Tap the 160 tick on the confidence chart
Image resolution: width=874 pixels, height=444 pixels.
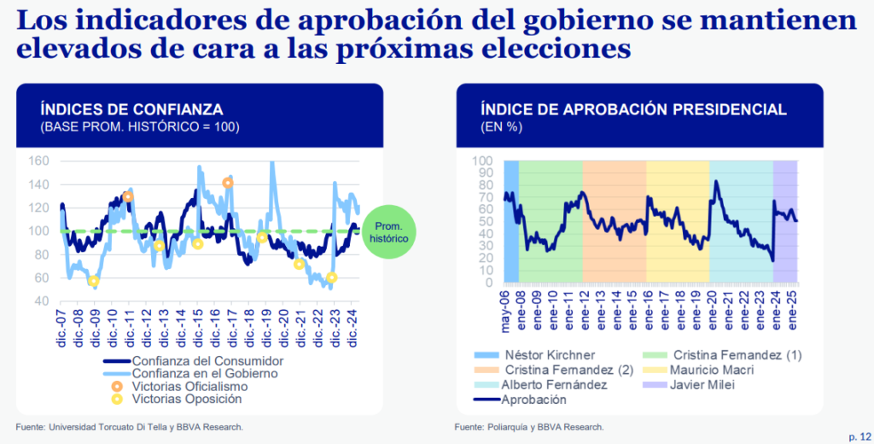tap(39, 161)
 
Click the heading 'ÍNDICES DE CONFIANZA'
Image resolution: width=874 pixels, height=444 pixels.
tap(132, 109)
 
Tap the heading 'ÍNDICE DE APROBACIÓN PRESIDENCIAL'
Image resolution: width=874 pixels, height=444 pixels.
tap(633, 109)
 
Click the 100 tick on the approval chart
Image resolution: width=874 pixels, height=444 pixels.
tap(483, 161)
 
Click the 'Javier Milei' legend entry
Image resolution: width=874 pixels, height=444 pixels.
tap(704, 385)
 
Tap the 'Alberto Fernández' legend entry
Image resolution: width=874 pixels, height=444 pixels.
tap(556, 385)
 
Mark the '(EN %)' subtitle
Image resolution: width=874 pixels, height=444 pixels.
tap(501, 127)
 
